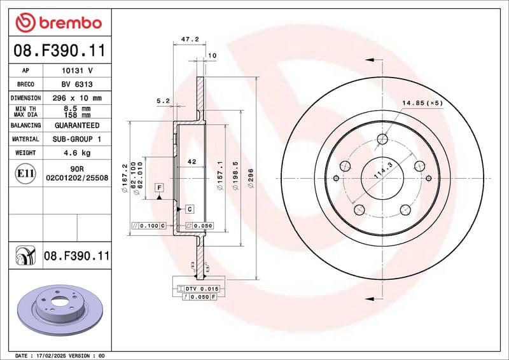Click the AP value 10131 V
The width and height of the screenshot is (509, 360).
(76, 71)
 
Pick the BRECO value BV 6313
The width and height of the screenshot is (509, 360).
(76, 84)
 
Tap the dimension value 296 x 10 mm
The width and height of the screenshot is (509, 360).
(76, 98)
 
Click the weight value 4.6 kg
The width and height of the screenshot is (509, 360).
(76, 153)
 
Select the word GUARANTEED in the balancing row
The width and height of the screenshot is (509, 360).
(76, 125)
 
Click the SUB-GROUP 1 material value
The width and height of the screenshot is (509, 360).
(76, 139)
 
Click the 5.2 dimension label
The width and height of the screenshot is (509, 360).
(163, 100)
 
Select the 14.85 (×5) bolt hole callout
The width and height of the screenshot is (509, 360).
(422, 102)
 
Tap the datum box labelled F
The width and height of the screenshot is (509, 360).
(158, 187)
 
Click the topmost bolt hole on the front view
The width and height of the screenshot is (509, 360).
(382, 139)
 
